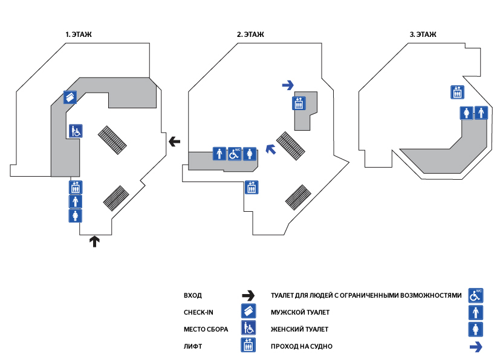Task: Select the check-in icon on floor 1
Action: click(70, 97)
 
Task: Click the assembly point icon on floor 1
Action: click(76, 131)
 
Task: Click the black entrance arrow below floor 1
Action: click(94, 242)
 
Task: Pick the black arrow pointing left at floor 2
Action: click(174, 142)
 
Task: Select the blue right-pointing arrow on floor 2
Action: click(288, 85)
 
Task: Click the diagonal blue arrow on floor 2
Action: click(271, 148)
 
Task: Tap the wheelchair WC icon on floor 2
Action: click(235, 154)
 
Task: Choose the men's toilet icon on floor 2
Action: click(219, 154)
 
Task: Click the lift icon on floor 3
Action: click(457, 92)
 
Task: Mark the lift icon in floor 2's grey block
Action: click(298, 103)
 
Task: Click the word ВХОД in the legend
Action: click(192, 296)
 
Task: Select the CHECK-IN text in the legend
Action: click(198, 313)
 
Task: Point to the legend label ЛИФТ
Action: click(192, 347)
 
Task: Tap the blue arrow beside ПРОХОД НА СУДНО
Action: click(476, 347)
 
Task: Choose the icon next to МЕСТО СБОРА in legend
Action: click(248, 329)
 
